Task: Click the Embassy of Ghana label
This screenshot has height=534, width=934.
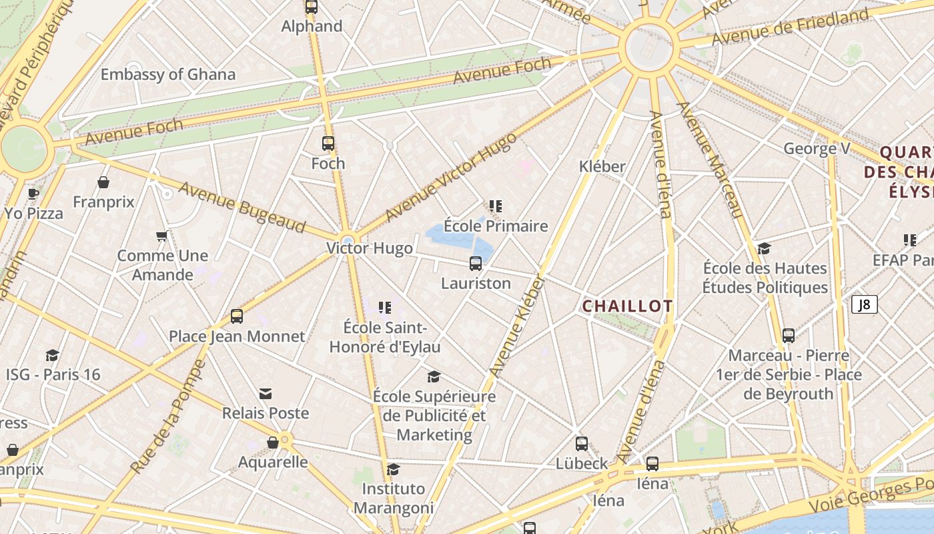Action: click(168, 74)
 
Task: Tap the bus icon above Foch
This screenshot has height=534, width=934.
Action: click(328, 143)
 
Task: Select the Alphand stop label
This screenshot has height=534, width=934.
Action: click(312, 27)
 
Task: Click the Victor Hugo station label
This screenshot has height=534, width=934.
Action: click(370, 248)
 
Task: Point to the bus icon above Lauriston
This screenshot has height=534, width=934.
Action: click(476, 263)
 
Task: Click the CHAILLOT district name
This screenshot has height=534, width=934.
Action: click(627, 306)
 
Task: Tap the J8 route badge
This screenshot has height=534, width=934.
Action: click(864, 305)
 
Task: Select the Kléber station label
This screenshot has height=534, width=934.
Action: click(602, 166)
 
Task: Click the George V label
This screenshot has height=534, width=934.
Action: click(817, 148)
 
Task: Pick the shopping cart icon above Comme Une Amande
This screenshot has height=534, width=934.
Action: click(161, 236)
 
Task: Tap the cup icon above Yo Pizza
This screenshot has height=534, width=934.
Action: click(33, 194)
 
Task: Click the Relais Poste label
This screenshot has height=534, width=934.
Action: click(266, 413)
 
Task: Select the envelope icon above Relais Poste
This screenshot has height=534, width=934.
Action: click(266, 393)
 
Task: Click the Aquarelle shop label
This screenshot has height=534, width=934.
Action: click(273, 462)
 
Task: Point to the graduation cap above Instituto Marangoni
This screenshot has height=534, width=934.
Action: click(393, 469)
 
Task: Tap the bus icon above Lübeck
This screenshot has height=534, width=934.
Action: click(582, 444)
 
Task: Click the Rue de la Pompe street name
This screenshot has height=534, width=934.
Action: click(169, 417)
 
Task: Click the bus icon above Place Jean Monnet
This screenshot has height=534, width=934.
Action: click(237, 316)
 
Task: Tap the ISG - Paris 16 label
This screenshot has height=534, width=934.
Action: click(53, 374)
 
